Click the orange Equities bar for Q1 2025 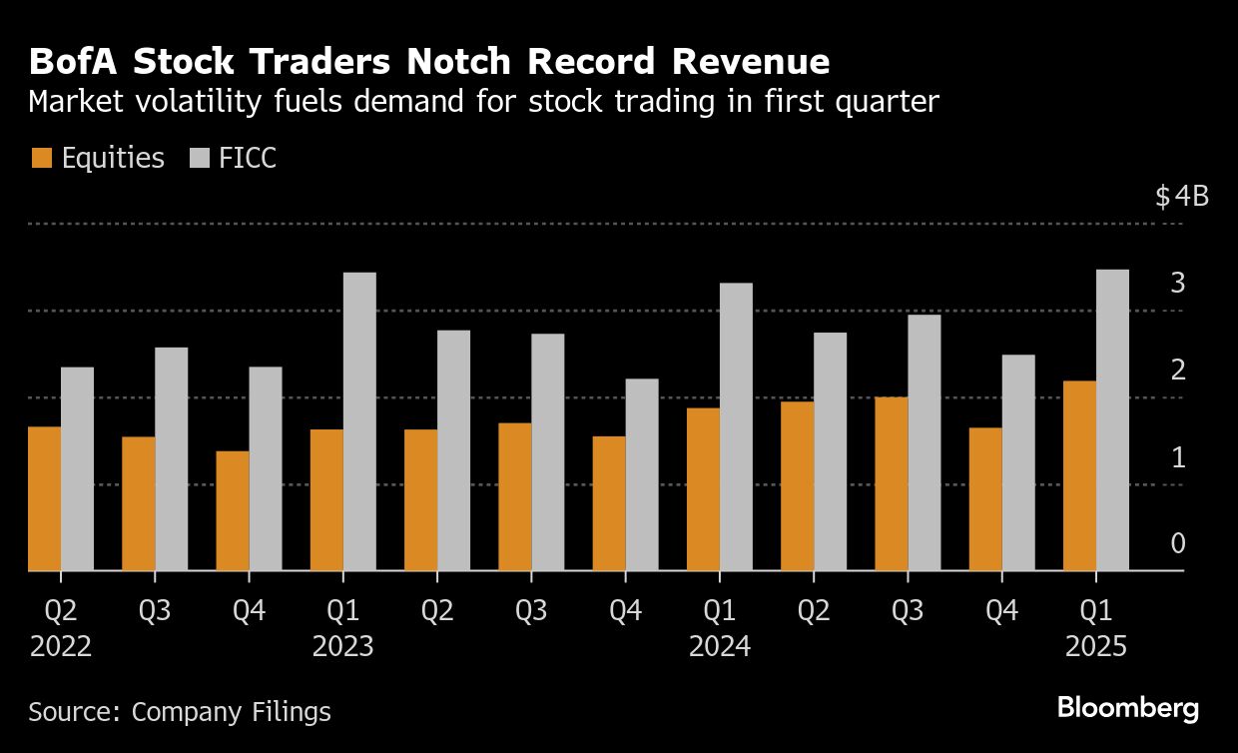point(1079,475)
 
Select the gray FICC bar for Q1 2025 point(1112,419)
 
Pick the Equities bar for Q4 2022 point(232,510)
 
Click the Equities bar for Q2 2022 point(44,498)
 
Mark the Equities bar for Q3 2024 point(892,483)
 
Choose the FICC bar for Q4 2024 point(1018,462)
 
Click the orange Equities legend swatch point(41,158)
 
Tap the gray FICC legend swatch point(200,158)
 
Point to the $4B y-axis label point(1181,196)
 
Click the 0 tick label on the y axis point(1178,543)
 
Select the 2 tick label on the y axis point(1178,370)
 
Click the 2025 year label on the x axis point(1095,647)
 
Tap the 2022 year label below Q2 point(60,647)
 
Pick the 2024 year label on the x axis point(719,647)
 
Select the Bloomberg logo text point(1127,709)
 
